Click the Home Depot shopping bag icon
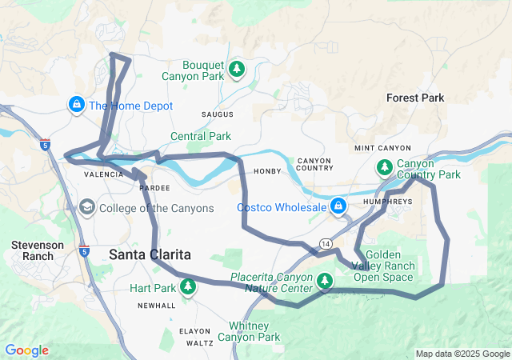coord(77,105)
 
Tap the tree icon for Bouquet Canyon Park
coord(236,70)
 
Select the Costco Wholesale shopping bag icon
coord(339,206)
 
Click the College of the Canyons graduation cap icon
coord(86,208)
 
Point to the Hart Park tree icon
coord(188,286)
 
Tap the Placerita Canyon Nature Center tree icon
coord(325,280)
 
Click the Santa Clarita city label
coord(150,254)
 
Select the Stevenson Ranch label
coord(33,250)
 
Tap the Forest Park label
coord(414,98)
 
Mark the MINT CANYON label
coord(382,149)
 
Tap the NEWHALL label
coord(156,306)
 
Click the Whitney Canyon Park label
coord(254,331)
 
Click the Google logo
coord(26,350)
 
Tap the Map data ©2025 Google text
coord(462,354)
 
